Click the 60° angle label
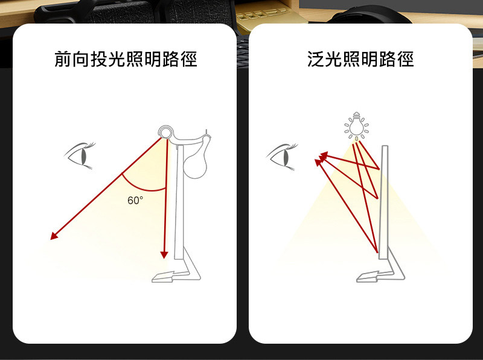pyautogui.click(x=135, y=201)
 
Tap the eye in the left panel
pyautogui.click(x=80, y=156)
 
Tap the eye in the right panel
pyautogui.click(x=282, y=156)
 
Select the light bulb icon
pyautogui.click(x=356, y=126)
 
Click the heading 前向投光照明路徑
pyautogui.click(x=126, y=59)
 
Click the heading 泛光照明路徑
pyautogui.click(x=360, y=59)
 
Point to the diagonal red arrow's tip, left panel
pyautogui.click(x=51, y=239)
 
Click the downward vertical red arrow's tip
pyautogui.click(x=164, y=259)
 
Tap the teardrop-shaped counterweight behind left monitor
pyautogui.click(x=195, y=163)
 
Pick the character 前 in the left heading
pyautogui.click(x=63, y=59)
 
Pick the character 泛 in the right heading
pyautogui.click(x=316, y=59)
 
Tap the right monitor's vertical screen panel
pyautogui.click(x=383, y=202)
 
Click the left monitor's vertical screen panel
pyautogui.click(x=179, y=202)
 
